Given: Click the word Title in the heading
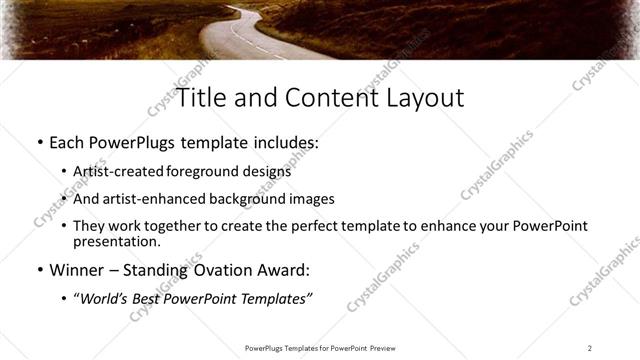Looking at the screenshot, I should pyautogui.click(x=199, y=98).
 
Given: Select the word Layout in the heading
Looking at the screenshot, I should pyautogui.click(x=420, y=98).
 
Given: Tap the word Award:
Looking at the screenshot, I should pyautogui.click(x=289, y=270).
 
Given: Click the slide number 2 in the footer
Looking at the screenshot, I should pyautogui.click(x=589, y=348).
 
